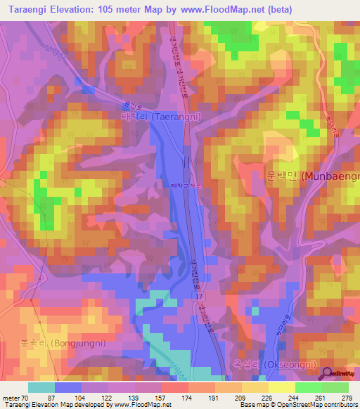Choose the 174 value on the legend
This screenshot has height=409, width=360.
[x=188, y=398]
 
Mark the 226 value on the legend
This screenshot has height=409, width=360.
[x=267, y=398]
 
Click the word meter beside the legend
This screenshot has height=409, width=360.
[x=11, y=398]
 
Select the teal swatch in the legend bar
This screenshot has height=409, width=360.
[x=41, y=387]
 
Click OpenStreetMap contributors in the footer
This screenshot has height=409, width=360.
[x=315, y=404]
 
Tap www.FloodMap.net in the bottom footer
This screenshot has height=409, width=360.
[x=143, y=404]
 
